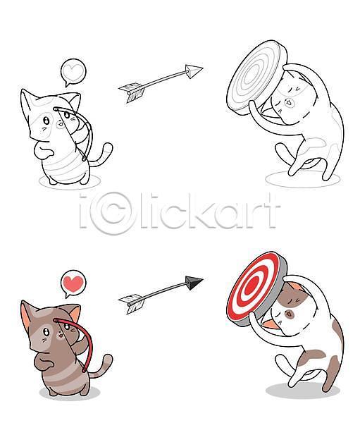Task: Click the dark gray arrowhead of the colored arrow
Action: (x=194, y=282)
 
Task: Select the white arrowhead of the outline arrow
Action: (x=194, y=71)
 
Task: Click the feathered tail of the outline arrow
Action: (x=132, y=92)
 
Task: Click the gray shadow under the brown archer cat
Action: (x=70, y=393)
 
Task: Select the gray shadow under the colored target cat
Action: (x=302, y=391)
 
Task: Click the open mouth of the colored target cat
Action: (x=289, y=314)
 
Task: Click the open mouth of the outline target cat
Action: (x=289, y=102)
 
